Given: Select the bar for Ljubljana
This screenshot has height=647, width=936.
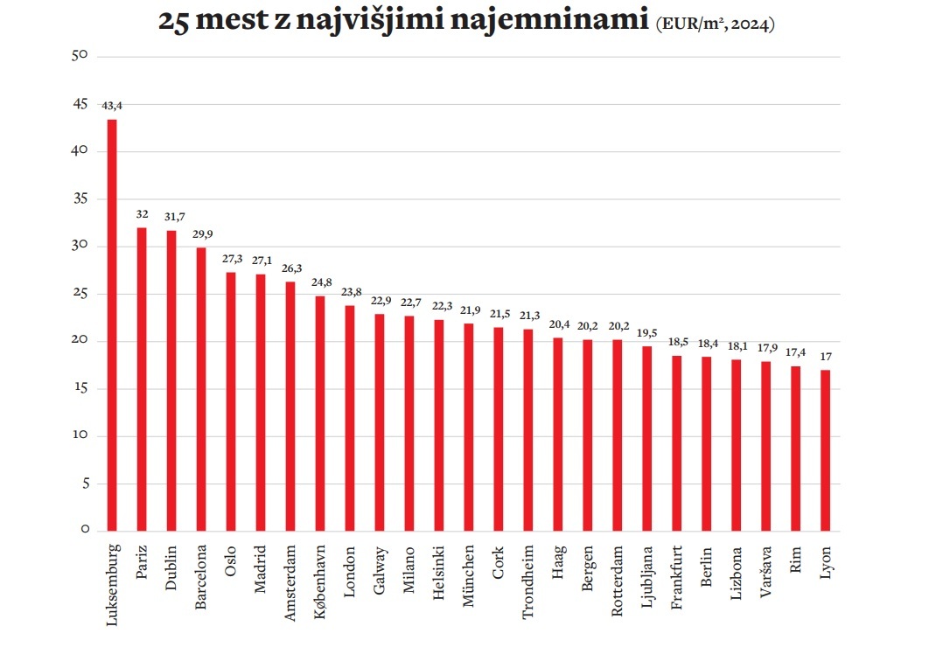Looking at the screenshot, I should [x=647, y=438].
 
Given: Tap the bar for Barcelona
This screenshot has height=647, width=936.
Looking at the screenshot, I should [x=201, y=389].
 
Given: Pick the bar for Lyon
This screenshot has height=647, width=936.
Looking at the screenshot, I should [x=825, y=450].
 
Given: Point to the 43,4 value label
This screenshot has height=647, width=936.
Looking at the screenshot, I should [x=112, y=106].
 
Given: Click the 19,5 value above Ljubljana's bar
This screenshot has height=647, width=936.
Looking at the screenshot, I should [x=647, y=333].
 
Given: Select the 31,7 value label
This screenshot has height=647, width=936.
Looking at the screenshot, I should [x=171, y=217].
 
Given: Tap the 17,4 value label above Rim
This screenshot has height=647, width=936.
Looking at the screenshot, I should [x=795, y=353].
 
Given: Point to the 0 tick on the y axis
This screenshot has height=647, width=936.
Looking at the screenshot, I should [x=84, y=531].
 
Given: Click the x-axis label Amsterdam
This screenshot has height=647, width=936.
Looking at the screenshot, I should [x=290, y=581].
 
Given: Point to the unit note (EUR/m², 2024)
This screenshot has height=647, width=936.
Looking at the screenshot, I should [x=715, y=24].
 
